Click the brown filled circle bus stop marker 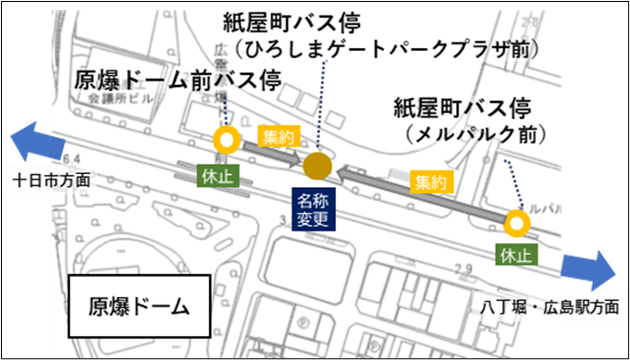[x=317, y=167]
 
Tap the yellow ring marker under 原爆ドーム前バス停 [x=226, y=141]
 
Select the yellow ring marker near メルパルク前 [x=517, y=223]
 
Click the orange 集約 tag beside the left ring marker [x=278, y=139]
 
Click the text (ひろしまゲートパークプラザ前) [x=387, y=47]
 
